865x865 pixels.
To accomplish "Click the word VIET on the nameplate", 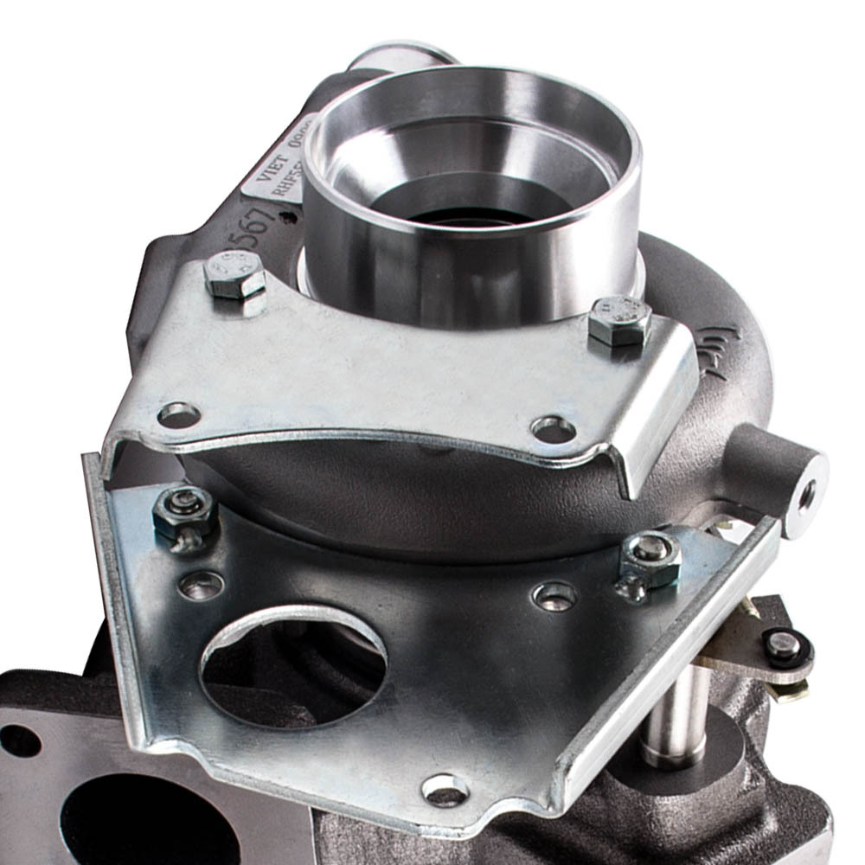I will [274, 164].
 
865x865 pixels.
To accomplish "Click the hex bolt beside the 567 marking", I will [234, 275].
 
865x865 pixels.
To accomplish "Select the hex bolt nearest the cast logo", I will [618, 320].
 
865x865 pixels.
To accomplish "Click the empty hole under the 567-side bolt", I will [180, 415].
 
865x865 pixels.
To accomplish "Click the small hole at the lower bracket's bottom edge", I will [445, 789].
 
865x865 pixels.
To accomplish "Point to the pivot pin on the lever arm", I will [784, 645].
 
